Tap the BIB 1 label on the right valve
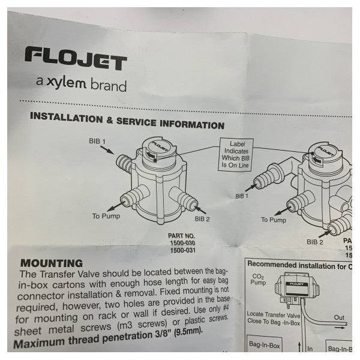point(241,196)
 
